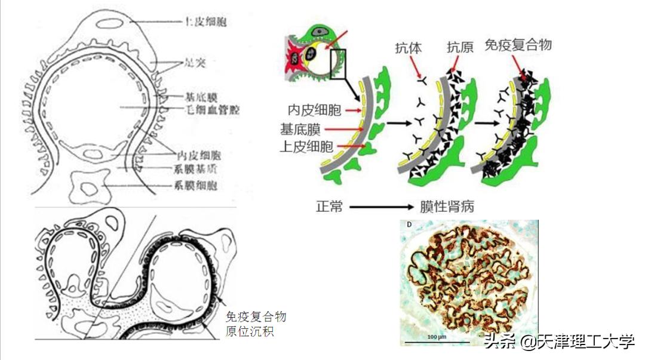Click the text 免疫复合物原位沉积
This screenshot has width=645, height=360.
256,323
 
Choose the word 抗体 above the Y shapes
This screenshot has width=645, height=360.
408,48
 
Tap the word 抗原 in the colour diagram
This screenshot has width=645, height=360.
460,48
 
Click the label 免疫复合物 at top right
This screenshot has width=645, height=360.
517,45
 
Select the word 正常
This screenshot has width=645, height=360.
329,207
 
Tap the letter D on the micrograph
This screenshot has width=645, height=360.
409,225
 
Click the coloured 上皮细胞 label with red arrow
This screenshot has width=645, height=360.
307,146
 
